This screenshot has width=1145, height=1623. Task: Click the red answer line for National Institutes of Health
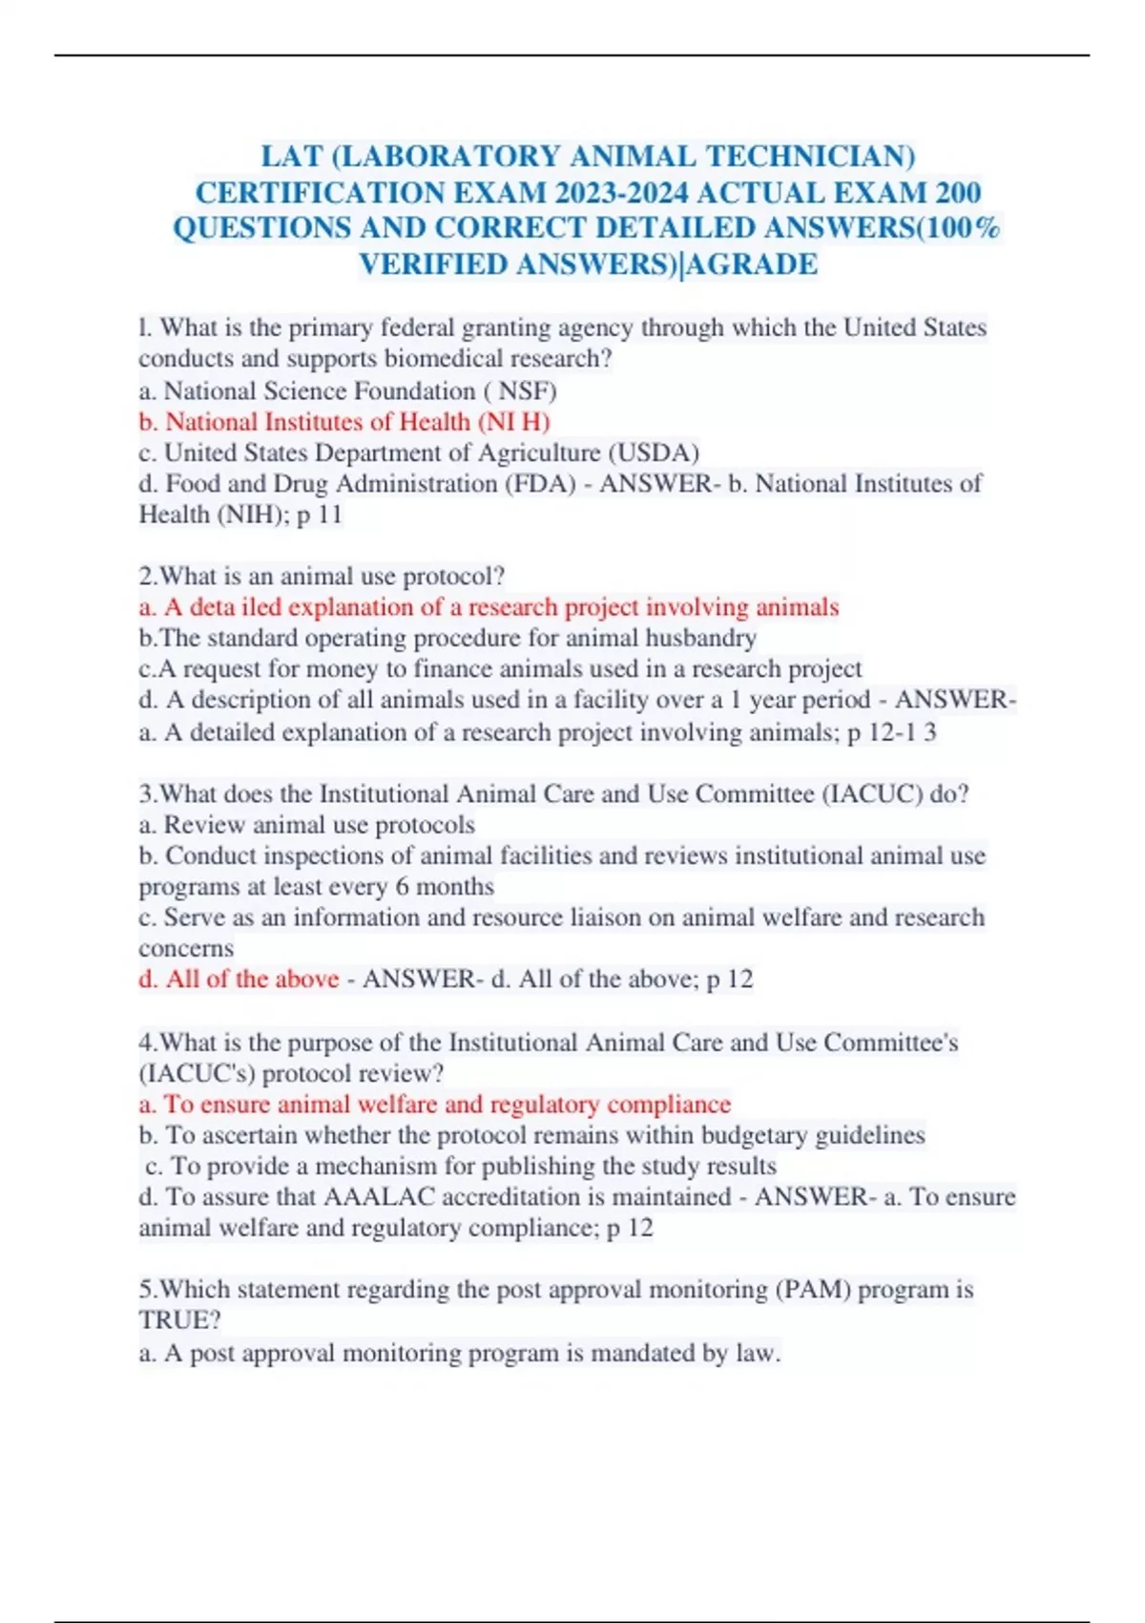click(x=344, y=422)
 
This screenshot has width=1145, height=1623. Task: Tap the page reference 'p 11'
click(x=319, y=515)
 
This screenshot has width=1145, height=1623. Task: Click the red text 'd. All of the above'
click(x=239, y=980)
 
